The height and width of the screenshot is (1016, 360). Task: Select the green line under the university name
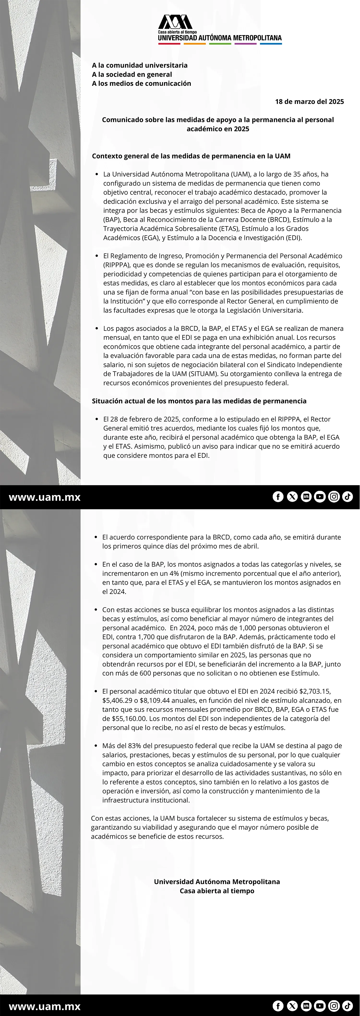pos(220,44)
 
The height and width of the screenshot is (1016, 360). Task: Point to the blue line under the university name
pos(271,44)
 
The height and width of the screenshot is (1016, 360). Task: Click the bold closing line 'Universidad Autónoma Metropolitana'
pos(217,882)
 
